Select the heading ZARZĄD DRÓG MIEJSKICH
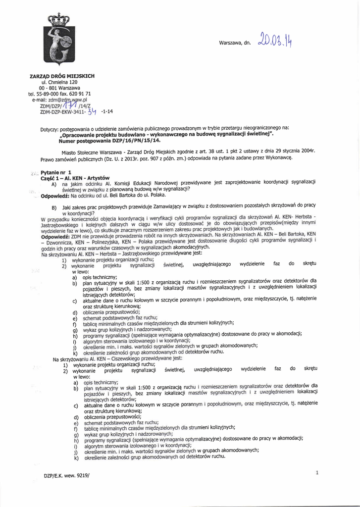tap(62, 76)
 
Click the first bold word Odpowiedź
tap(54, 195)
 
